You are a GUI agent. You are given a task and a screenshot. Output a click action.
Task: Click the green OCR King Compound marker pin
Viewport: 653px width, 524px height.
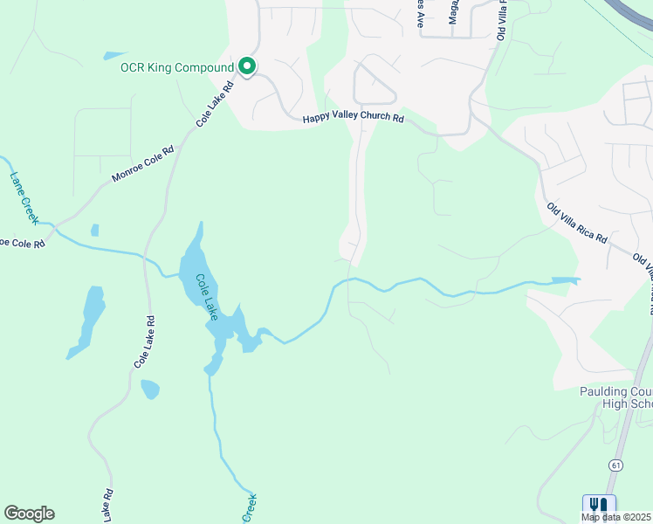click(247, 66)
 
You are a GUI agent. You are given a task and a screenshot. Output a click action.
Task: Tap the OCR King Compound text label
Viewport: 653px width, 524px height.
click(178, 67)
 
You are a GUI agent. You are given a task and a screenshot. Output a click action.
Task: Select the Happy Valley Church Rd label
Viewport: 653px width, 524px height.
click(353, 119)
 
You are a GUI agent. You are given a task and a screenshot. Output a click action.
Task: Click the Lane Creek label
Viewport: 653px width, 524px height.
click(24, 196)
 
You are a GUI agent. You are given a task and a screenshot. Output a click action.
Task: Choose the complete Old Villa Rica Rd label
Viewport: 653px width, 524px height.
click(577, 224)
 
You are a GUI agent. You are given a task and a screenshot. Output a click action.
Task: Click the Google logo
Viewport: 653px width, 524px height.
click(29, 514)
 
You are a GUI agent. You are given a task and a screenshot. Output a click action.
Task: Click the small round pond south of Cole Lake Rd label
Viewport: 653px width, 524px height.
click(149, 389)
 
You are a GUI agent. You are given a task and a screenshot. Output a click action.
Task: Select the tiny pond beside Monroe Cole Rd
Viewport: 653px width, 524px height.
click(94, 231)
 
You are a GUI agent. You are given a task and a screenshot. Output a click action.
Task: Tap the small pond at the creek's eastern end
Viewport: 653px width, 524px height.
click(566, 281)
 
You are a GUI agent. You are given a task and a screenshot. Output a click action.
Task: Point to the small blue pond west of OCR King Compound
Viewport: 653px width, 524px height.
click(114, 56)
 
